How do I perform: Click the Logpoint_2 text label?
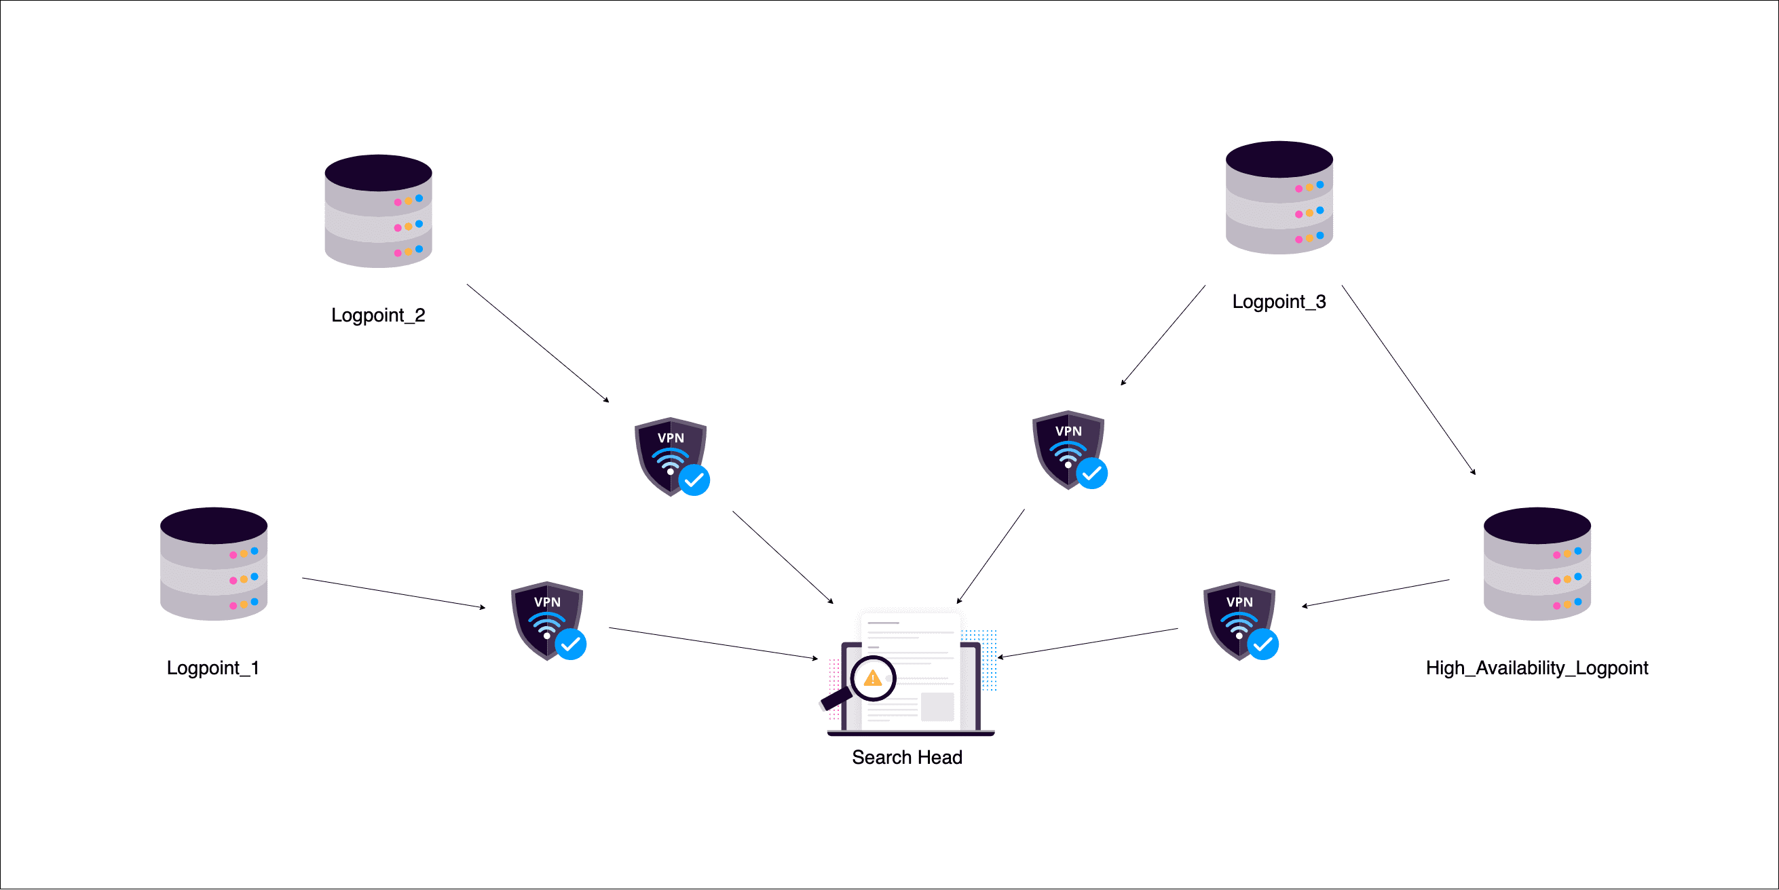378,315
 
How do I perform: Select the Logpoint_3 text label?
1278,302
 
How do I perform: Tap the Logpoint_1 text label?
212,667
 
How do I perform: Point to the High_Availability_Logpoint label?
1537,667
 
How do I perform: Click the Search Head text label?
907,758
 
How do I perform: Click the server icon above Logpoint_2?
378,211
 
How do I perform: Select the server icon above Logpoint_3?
1278,198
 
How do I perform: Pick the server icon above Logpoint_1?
213,564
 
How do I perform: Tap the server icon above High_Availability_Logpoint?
1537,564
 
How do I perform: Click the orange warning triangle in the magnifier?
873,678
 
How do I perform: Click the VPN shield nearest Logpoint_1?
547,621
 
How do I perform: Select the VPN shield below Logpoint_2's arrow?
671,457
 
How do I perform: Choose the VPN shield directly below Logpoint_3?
1068,450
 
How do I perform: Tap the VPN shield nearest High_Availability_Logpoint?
1239,621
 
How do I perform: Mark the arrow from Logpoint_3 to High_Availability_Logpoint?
1408,380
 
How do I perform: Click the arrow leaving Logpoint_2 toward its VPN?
538,343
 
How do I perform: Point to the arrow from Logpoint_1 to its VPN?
394,593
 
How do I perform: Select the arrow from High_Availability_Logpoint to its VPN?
1376,593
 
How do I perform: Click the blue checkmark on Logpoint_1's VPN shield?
570,644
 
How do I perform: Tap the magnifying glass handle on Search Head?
834,699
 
